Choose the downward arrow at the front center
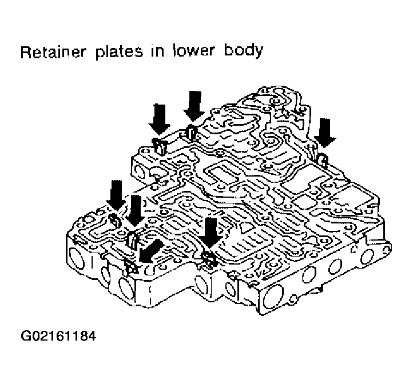211,232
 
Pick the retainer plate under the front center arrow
209,259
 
